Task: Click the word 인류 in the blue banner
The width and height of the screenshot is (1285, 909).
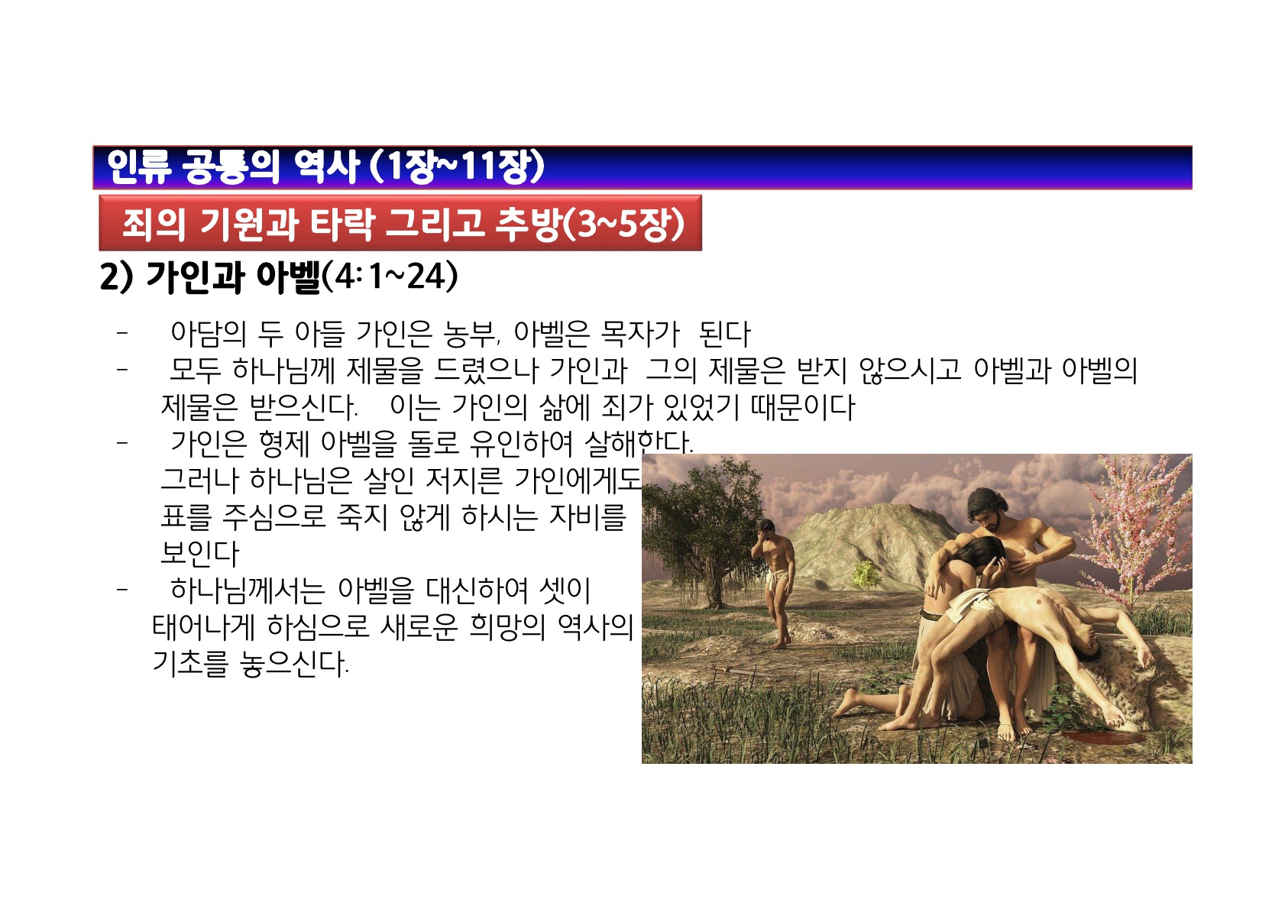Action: pyautogui.click(x=139, y=167)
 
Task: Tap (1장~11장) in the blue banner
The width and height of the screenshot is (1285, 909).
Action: pyautogui.click(x=457, y=167)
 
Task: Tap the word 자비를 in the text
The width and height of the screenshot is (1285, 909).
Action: pyautogui.click(x=587, y=516)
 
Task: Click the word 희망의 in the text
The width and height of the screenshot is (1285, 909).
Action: pyautogui.click(x=507, y=627)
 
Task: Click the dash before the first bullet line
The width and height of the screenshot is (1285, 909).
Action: pyautogui.click(x=121, y=332)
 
